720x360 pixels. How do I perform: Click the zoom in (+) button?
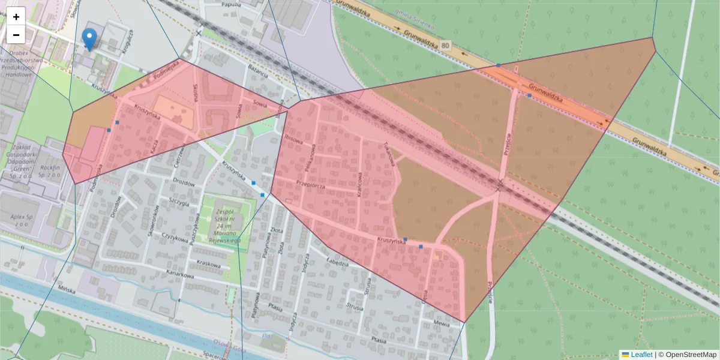pos(16,17)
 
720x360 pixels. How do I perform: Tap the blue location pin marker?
pos(89,39)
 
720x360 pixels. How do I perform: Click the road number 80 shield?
pos(444,45)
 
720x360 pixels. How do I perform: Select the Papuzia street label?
pos(231,4)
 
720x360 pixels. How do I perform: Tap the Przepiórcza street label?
pos(310,185)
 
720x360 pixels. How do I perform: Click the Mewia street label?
pos(442,323)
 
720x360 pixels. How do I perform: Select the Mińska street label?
pos(66,290)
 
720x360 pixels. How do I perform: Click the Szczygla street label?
pos(179,201)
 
